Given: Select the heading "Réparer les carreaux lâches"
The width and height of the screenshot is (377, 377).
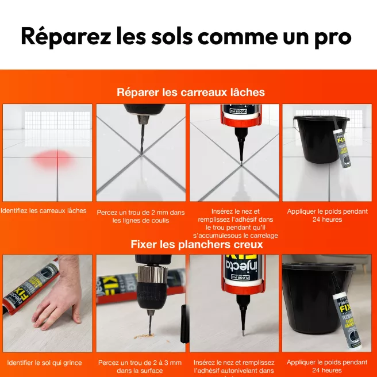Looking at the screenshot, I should (190, 92).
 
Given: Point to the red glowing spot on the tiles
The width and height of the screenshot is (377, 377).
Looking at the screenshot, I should (50, 160).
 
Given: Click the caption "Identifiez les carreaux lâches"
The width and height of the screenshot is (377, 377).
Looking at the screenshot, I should (44, 211).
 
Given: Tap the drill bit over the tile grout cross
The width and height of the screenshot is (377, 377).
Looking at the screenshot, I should (140, 137).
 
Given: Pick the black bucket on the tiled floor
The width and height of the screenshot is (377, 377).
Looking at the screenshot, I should (317, 144).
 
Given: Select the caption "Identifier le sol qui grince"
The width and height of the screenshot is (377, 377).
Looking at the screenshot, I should (45, 363).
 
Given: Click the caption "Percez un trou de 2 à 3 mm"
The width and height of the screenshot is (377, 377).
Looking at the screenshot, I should (140, 366).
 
